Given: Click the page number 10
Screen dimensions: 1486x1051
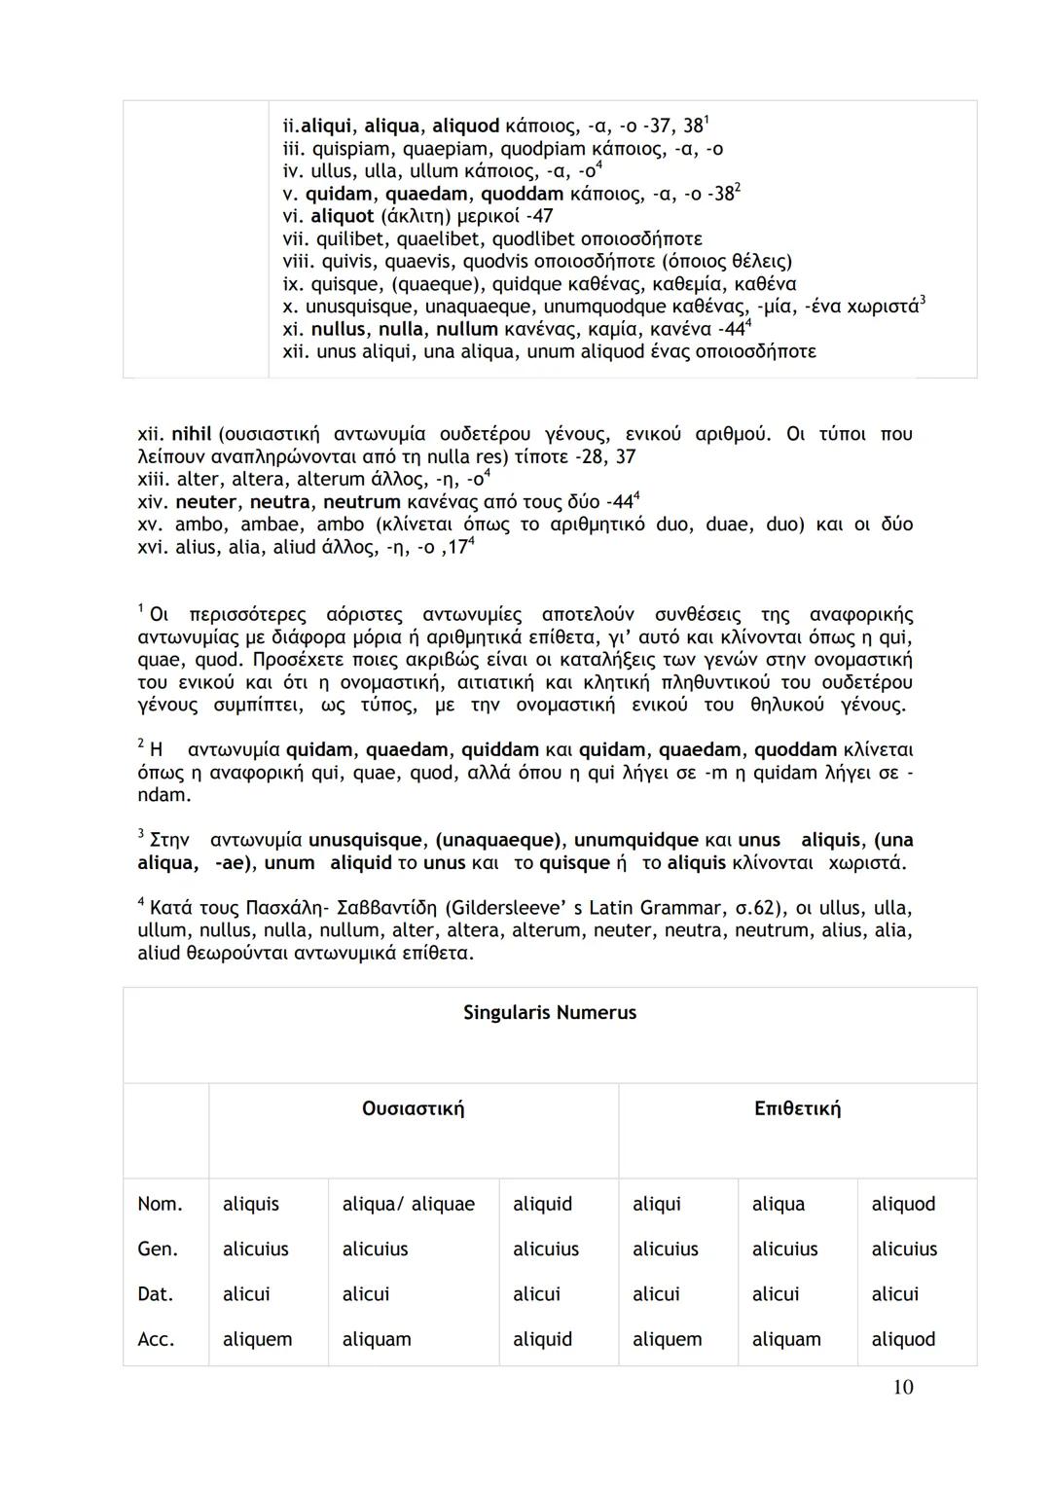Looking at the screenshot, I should click(x=902, y=1387).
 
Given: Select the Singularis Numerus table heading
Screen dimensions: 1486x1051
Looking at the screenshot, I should click(x=550, y=1013).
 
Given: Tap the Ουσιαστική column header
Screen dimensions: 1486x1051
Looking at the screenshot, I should click(x=413, y=1109).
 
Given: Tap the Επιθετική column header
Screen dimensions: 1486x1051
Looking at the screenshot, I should click(x=797, y=1109).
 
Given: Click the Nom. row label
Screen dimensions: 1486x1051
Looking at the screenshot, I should click(x=160, y=1205).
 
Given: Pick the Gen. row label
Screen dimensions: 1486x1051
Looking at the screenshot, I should click(x=158, y=1250).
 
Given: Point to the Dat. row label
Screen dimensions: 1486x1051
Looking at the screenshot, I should click(x=156, y=1294).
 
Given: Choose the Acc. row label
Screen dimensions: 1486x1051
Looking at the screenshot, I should click(x=156, y=1340).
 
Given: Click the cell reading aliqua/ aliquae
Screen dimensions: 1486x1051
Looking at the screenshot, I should click(x=409, y=1205).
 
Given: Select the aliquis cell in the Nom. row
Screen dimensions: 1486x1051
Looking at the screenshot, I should click(x=250, y=1205).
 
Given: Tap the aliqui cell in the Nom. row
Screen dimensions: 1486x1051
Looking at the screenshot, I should click(x=657, y=1205).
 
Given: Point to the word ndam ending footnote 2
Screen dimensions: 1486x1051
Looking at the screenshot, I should click(x=163, y=795).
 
